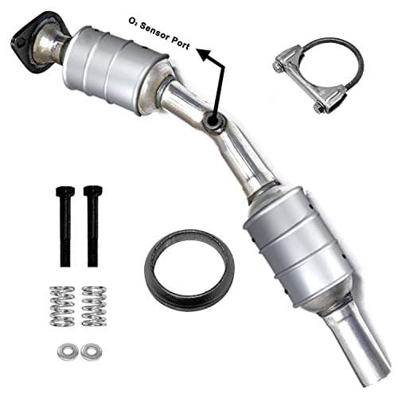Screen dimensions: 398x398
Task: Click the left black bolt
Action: (x=65, y=226)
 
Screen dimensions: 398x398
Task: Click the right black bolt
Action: (x=92, y=227)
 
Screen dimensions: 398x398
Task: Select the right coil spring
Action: (x=93, y=305)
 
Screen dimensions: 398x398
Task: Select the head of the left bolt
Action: (x=65, y=192)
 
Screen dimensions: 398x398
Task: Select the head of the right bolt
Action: (x=92, y=192)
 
